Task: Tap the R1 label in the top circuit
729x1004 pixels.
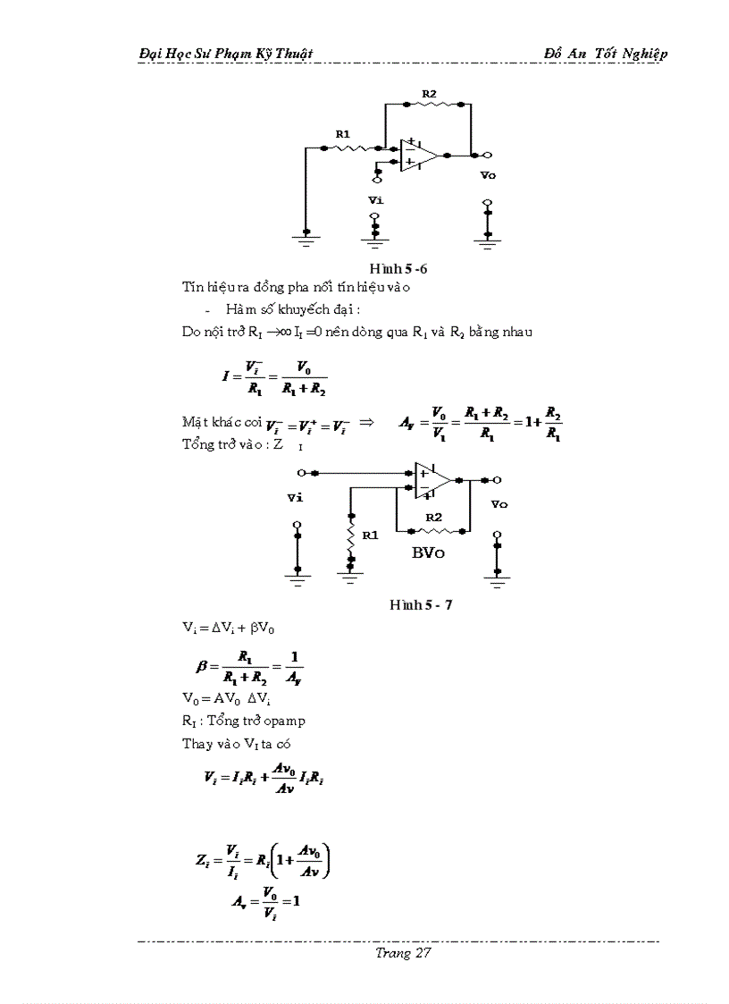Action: (343, 133)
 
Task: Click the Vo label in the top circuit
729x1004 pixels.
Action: (487, 175)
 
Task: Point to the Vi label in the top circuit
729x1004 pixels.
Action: (375, 201)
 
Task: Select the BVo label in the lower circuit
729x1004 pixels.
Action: (428, 552)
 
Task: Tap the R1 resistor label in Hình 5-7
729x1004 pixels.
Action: (370, 535)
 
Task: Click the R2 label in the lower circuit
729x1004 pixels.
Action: (434, 517)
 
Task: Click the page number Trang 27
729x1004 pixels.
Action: (404, 953)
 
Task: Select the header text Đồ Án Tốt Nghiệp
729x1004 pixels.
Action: (606, 54)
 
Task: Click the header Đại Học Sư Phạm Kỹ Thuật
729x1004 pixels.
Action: (226, 54)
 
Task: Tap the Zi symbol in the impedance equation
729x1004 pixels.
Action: (203, 860)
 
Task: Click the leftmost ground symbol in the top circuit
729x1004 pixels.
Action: (306, 240)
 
